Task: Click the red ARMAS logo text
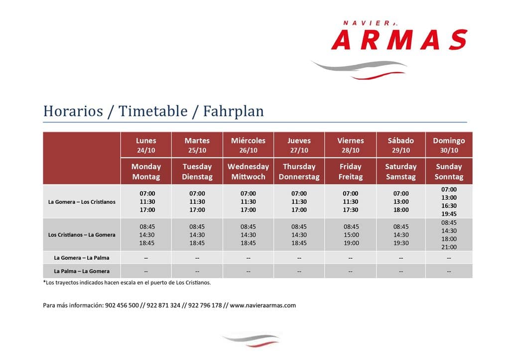pyautogui.click(x=399, y=39)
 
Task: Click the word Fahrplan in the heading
pyautogui.click(x=233, y=111)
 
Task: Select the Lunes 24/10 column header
pyautogui.click(x=146, y=145)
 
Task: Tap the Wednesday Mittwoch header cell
pyautogui.click(x=248, y=172)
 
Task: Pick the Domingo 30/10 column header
pyautogui.click(x=449, y=145)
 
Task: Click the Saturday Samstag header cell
pyautogui.click(x=401, y=172)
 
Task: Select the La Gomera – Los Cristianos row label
pyautogui.click(x=82, y=202)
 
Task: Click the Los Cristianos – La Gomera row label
pyautogui.click(x=82, y=235)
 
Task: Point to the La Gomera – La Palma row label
pyautogui.click(x=82, y=258)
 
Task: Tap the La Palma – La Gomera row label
pyautogui.click(x=82, y=271)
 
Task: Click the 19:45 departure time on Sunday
pyautogui.click(x=449, y=214)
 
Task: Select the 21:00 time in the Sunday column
pyautogui.click(x=449, y=247)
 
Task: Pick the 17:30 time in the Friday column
pyautogui.click(x=350, y=210)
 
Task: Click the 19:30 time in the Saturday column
pyautogui.click(x=401, y=243)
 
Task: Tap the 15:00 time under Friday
pyautogui.click(x=351, y=235)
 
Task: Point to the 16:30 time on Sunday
pyautogui.click(x=449, y=206)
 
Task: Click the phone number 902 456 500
pyautogui.click(x=122, y=305)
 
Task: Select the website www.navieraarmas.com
pyautogui.click(x=263, y=305)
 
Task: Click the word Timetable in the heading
pyautogui.click(x=153, y=111)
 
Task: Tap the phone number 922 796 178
pyautogui.click(x=205, y=305)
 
